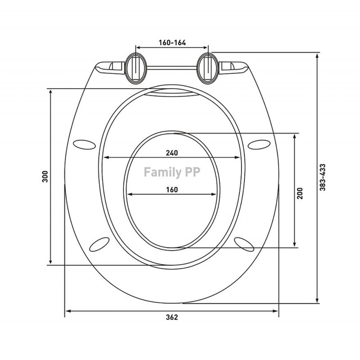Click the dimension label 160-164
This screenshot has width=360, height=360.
(172, 43)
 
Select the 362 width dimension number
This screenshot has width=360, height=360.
(172, 317)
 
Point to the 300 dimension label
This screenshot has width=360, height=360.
(45, 176)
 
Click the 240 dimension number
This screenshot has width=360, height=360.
(172, 153)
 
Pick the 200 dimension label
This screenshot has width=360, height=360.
(300, 193)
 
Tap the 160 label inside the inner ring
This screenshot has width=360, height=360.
(172, 189)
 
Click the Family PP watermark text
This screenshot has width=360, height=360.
(172, 172)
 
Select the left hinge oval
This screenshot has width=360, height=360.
(135, 68)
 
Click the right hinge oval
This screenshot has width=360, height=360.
(208, 68)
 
